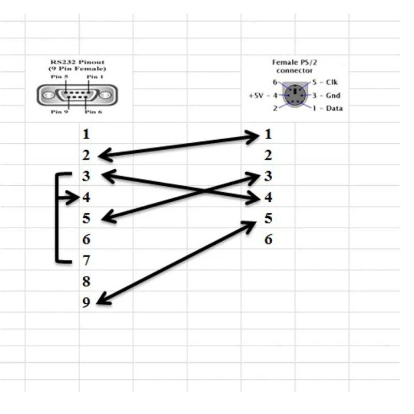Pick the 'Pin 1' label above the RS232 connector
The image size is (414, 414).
coord(94,76)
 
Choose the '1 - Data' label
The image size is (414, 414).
coord(327,108)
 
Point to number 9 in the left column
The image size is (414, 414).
coord(86,302)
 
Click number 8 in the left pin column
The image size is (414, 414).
coord(86,282)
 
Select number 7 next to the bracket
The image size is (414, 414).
coord(86,260)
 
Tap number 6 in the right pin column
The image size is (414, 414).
coord(268,240)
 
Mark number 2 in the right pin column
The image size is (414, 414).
coord(268,155)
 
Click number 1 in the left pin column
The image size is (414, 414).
coord(86,135)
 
